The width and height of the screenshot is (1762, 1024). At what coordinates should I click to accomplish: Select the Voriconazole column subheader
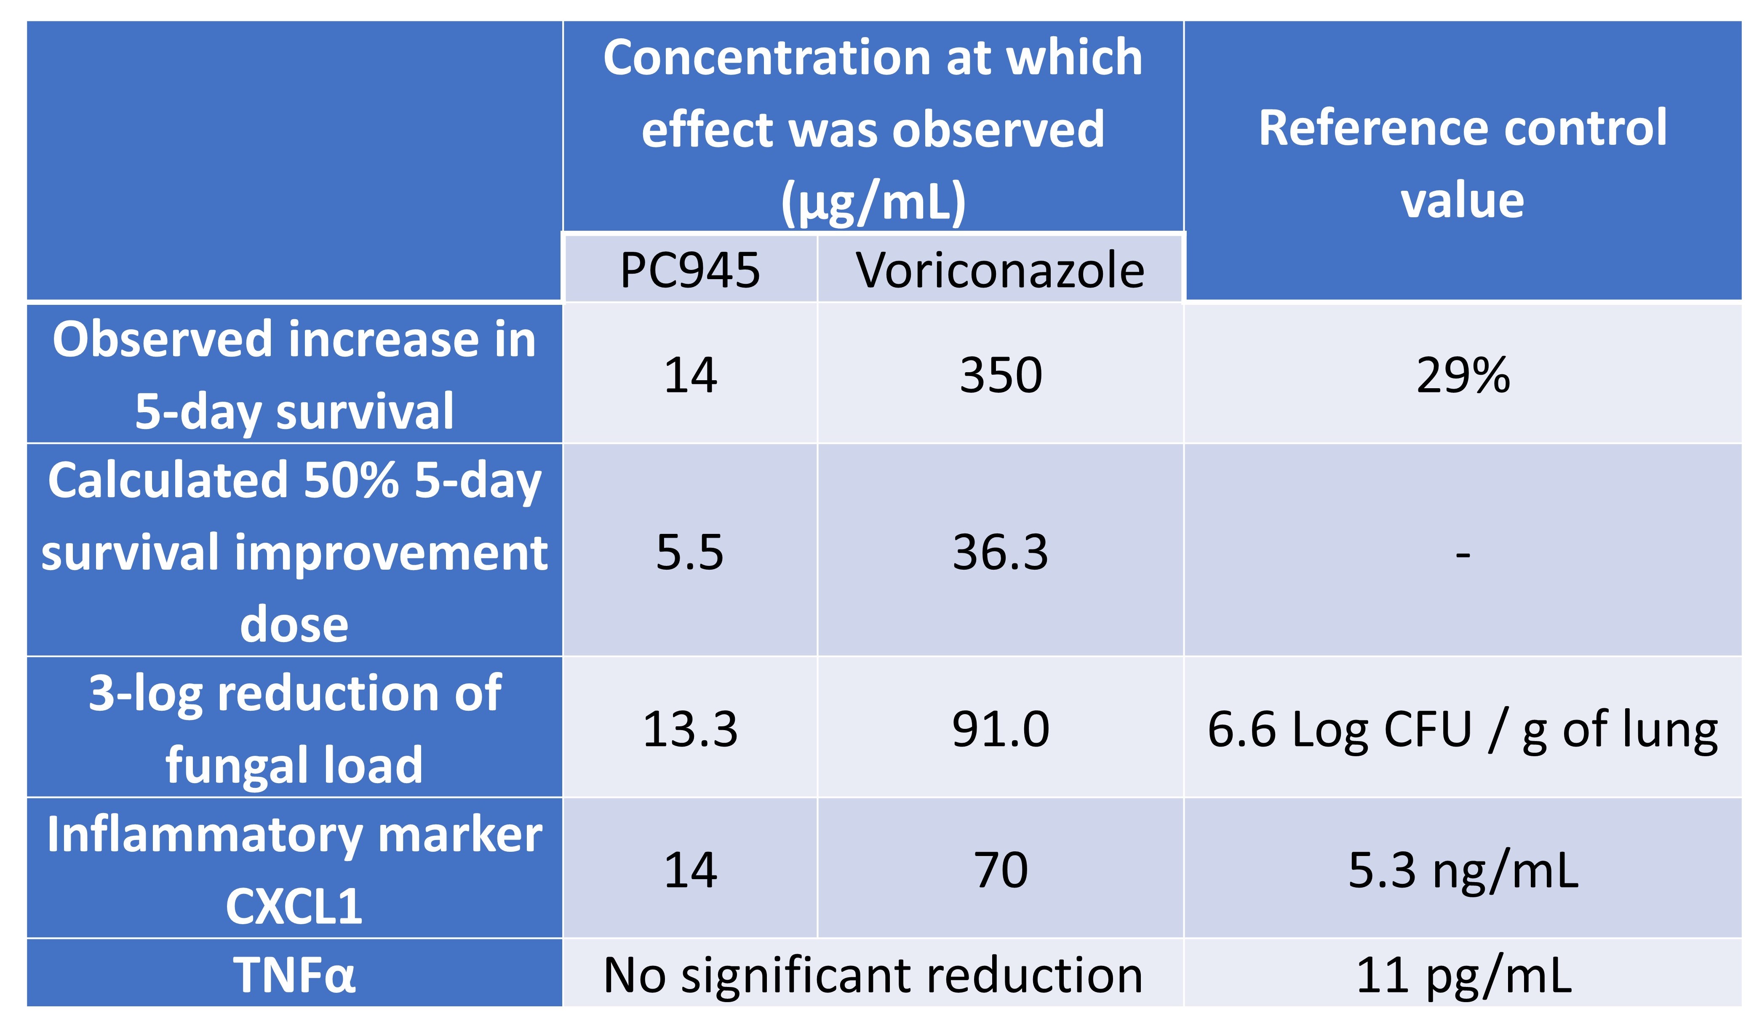pos(1000,270)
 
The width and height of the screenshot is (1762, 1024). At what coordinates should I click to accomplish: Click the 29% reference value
pos(1463,375)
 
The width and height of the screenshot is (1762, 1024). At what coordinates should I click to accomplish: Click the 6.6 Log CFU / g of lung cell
pos(1463,731)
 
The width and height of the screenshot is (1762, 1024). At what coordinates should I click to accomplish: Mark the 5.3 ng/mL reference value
pos(1463,870)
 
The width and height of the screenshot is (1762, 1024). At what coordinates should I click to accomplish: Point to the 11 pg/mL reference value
pos(1463,975)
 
